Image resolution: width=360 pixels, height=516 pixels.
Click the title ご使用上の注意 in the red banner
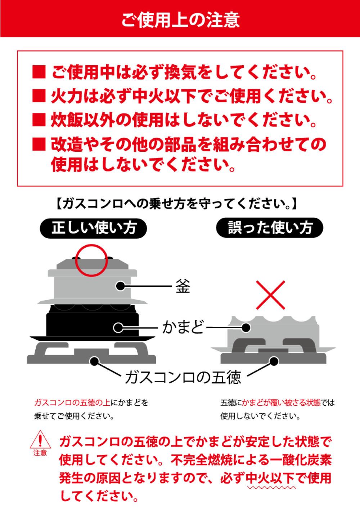180,20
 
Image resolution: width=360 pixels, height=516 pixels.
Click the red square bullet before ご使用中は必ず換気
39,72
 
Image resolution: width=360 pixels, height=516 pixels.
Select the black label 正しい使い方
94,228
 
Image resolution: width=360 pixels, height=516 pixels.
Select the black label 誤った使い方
270,228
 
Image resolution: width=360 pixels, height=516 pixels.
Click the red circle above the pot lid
91,261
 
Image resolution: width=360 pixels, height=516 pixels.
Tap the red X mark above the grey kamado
270,295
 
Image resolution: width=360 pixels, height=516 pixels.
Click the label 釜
183,286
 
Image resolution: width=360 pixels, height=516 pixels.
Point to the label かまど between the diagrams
183,327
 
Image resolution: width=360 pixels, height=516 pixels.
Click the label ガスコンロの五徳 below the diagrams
183,377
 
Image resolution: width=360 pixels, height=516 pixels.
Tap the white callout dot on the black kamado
118,328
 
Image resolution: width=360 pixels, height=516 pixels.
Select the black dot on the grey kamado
246,328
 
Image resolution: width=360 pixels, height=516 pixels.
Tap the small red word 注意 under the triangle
40,453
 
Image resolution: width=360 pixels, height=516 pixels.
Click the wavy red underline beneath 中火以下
271,488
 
